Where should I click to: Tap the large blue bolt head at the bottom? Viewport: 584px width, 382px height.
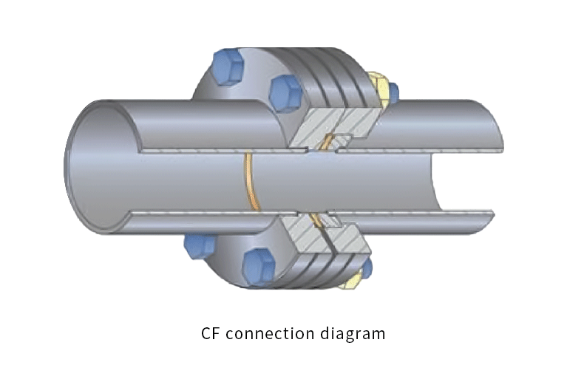(259, 265)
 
